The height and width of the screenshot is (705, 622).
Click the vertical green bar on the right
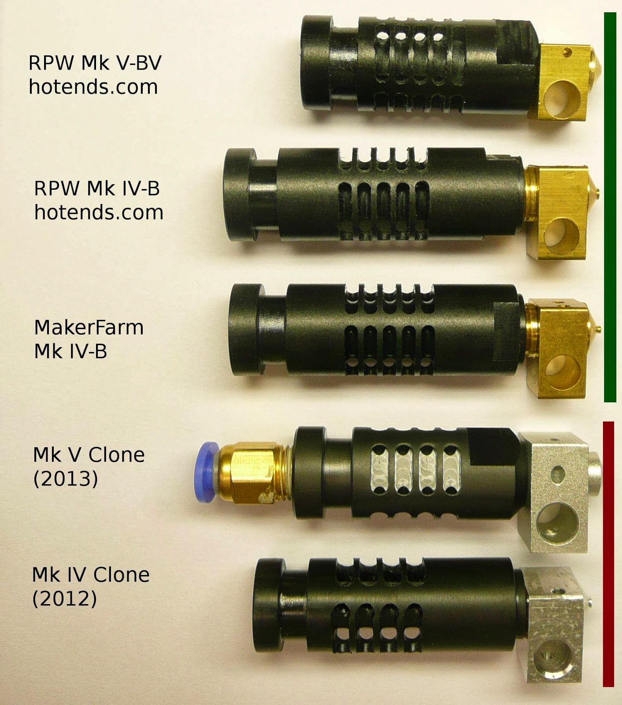(610, 207)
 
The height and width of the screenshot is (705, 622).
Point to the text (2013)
(66, 479)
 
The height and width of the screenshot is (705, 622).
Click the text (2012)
(64, 598)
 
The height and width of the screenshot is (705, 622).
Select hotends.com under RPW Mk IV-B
(99, 212)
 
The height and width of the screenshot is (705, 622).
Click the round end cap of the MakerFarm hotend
(246, 330)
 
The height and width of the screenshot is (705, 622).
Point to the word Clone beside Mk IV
(121, 575)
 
